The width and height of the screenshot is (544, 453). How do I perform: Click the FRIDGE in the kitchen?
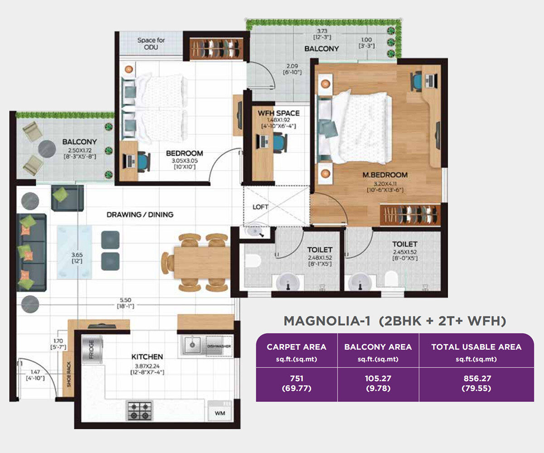click(92, 349)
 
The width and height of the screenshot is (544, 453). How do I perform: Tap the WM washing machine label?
click(220, 413)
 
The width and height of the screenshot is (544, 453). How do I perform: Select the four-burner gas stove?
click(139, 410)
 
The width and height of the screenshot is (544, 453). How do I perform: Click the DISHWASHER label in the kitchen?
click(219, 346)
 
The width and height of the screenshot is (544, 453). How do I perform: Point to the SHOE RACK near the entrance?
click(68, 374)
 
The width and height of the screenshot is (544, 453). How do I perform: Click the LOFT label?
click(260, 207)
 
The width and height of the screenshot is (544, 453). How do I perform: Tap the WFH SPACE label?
click(279, 113)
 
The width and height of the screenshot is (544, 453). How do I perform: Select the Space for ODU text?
click(151, 43)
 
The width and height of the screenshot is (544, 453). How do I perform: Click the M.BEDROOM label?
click(385, 175)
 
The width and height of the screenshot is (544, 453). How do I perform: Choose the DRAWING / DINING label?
click(140, 215)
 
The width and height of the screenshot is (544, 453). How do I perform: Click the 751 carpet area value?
click(296, 378)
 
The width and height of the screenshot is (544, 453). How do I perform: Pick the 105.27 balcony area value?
click(378, 378)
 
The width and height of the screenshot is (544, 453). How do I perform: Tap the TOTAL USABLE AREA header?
click(476, 347)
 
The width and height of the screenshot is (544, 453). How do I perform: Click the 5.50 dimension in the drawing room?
click(126, 300)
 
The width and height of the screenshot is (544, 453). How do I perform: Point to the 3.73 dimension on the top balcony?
click(322, 31)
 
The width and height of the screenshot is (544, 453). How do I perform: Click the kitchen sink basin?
click(192, 345)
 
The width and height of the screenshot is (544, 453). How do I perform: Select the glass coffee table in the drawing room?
click(74, 252)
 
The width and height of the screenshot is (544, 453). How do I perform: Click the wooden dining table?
click(202, 263)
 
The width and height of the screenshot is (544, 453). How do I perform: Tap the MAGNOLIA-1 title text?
click(327, 321)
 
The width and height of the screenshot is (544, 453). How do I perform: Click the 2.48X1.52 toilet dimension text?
click(320, 258)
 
